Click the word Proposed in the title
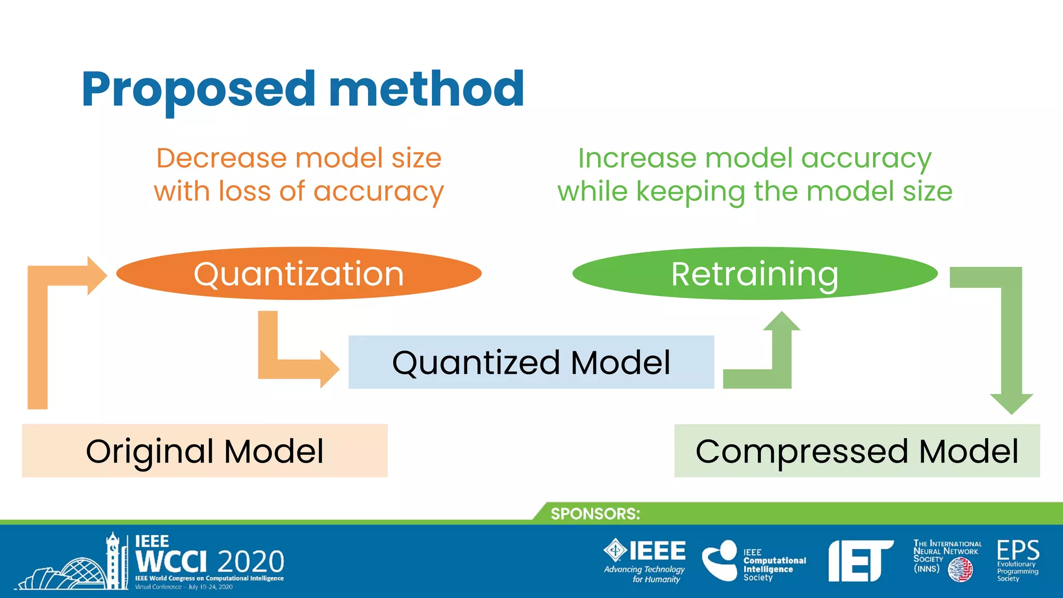[x=198, y=89]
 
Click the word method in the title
[x=427, y=89]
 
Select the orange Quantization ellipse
[x=298, y=274]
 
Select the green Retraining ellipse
[x=755, y=274]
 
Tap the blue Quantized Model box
[x=531, y=362]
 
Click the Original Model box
[x=205, y=451]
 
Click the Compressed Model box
[x=857, y=451]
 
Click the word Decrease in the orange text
[x=222, y=158]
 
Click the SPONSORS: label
[x=595, y=513]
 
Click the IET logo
[x=860, y=561]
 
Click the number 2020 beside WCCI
[x=251, y=562]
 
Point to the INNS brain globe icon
[x=960, y=570]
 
